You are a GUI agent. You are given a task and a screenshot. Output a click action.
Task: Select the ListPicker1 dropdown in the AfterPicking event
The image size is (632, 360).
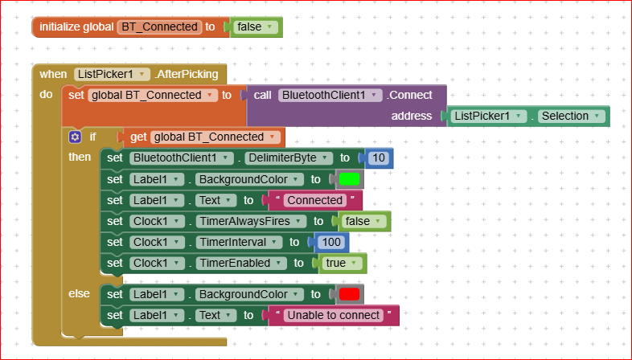pyautogui.click(x=112, y=74)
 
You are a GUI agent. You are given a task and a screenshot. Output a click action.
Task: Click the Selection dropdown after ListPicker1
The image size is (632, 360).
pyautogui.click(x=571, y=116)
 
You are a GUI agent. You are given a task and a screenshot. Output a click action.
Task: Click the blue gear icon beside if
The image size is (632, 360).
pyautogui.click(x=75, y=137)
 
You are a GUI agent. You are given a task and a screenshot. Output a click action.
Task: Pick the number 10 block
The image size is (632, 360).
pyautogui.click(x=379, y=157)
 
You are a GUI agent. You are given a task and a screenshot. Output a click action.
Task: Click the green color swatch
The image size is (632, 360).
pyautogui.click(x=348, y=179)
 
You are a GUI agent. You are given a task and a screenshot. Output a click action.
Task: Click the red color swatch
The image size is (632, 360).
pyautogui.click(x=348, y=294)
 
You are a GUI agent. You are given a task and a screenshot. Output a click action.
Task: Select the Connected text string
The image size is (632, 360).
pyautogui.click(x=314, y=200)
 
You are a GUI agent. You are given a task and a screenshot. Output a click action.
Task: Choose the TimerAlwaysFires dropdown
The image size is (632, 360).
pyautogui.click(x=251, y=221)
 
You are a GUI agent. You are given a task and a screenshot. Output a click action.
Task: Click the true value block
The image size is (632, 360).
pyautogui.click(x=339, y=263)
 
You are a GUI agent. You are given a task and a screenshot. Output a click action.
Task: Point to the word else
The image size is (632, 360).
pyautogui.click(x=79, y=294)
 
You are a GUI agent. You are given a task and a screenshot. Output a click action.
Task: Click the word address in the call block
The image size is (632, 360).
pyautogui.click(x=412, y=116)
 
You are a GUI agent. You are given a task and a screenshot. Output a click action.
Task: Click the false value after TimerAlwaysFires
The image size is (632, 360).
pyautogui.click(x=363, y=221)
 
